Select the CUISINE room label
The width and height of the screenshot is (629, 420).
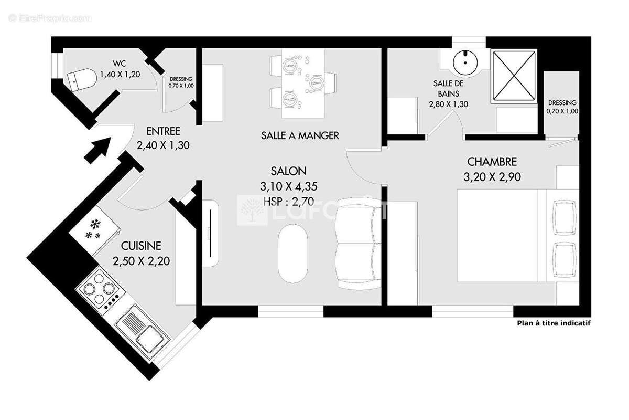coord(140,246)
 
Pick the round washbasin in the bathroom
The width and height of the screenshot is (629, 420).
coord(465,61)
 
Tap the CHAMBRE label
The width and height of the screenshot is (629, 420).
coord(492,162)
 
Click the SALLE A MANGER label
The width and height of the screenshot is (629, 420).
coord(300,135)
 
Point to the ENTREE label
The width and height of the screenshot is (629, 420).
coord(163,131)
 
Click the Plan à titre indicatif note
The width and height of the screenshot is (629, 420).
coord(554,323)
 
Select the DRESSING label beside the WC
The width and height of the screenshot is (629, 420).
coord(181,79)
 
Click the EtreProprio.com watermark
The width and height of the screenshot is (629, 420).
coord(50,18)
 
